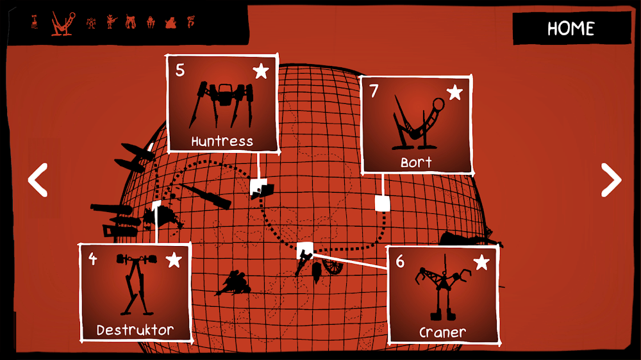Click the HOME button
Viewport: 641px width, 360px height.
571,28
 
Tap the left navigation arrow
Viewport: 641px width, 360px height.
38,180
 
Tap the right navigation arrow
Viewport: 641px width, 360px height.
611,180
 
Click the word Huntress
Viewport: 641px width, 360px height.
222,142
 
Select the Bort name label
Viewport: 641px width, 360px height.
416,162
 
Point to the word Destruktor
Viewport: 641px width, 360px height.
135,330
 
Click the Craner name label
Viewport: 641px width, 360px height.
443,332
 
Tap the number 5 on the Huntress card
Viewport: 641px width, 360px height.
180,70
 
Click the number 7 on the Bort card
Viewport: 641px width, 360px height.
374,91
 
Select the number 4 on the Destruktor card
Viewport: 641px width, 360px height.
93,259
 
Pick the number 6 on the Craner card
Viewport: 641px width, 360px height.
400,261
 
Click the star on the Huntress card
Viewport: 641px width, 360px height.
261,71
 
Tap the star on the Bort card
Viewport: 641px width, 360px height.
454,92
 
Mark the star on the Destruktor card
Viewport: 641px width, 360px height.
174,260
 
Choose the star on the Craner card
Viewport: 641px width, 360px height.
481,263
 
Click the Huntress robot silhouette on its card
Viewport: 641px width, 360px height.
222,104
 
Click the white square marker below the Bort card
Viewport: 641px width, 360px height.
382,203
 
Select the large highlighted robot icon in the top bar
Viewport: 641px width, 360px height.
63,24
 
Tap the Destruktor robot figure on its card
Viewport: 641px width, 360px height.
136,284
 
